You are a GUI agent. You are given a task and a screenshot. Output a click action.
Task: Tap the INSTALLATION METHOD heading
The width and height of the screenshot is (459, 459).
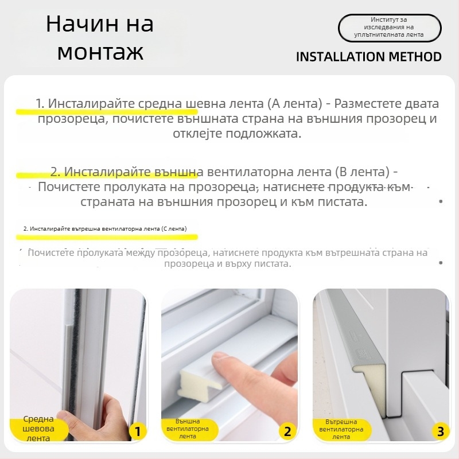(x=368, y=56)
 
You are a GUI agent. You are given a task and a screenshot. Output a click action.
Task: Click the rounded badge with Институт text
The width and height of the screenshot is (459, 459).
(x=389, y=28)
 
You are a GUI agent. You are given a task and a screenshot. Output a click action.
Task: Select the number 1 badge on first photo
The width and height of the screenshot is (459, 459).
(x=136, y=431)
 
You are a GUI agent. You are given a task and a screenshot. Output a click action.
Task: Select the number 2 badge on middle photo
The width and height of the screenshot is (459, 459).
(x=287, y=431)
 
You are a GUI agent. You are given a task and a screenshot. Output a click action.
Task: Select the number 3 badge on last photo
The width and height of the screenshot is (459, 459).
(x=439, y=431)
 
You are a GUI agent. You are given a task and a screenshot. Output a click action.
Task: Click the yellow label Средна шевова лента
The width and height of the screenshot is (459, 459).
(x=38, y=429)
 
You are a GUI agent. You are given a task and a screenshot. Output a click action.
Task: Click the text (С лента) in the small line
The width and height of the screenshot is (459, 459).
(x=173, y=228)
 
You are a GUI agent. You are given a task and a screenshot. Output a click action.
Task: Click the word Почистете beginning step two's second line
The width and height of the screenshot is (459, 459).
(x=71, y=187)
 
